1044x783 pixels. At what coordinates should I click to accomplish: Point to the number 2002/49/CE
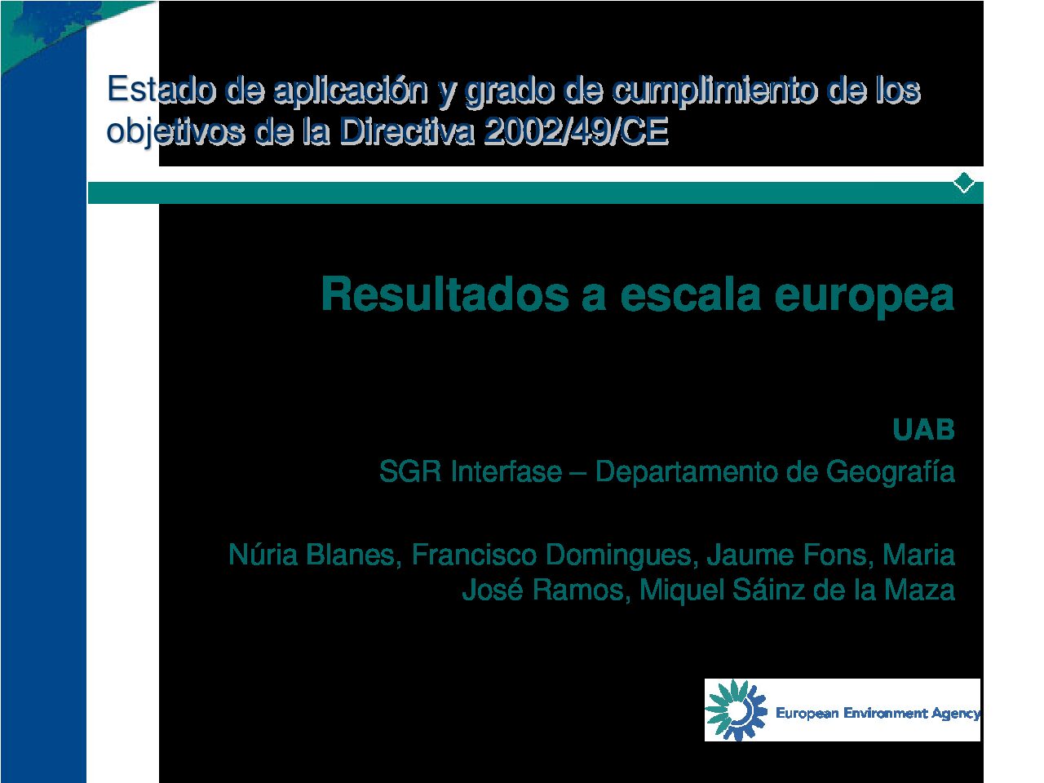coord(576,130)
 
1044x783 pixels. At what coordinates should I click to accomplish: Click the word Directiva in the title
coord(406,130)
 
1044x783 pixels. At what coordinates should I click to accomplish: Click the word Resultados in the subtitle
coord(445,294)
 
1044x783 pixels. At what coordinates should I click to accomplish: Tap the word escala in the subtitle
coord(690,294)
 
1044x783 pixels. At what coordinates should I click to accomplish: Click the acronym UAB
coord(923,430)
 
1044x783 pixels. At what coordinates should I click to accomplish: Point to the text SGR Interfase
coord(471,471)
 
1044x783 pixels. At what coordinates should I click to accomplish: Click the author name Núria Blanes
coord(312,555)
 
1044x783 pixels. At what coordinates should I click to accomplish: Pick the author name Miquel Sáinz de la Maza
coord(797,590)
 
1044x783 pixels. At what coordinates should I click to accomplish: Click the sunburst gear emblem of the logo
coord(736,710)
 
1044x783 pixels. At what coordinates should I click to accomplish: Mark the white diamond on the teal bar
coord(964,183)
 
